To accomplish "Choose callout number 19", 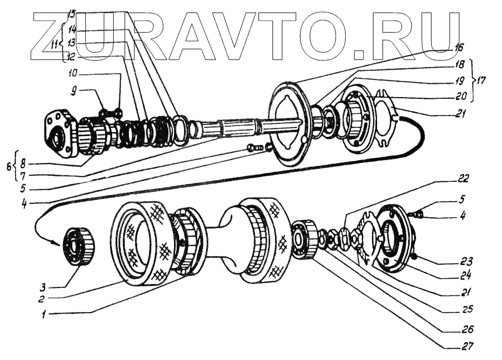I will pyautogui.click(x=459, y=80).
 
